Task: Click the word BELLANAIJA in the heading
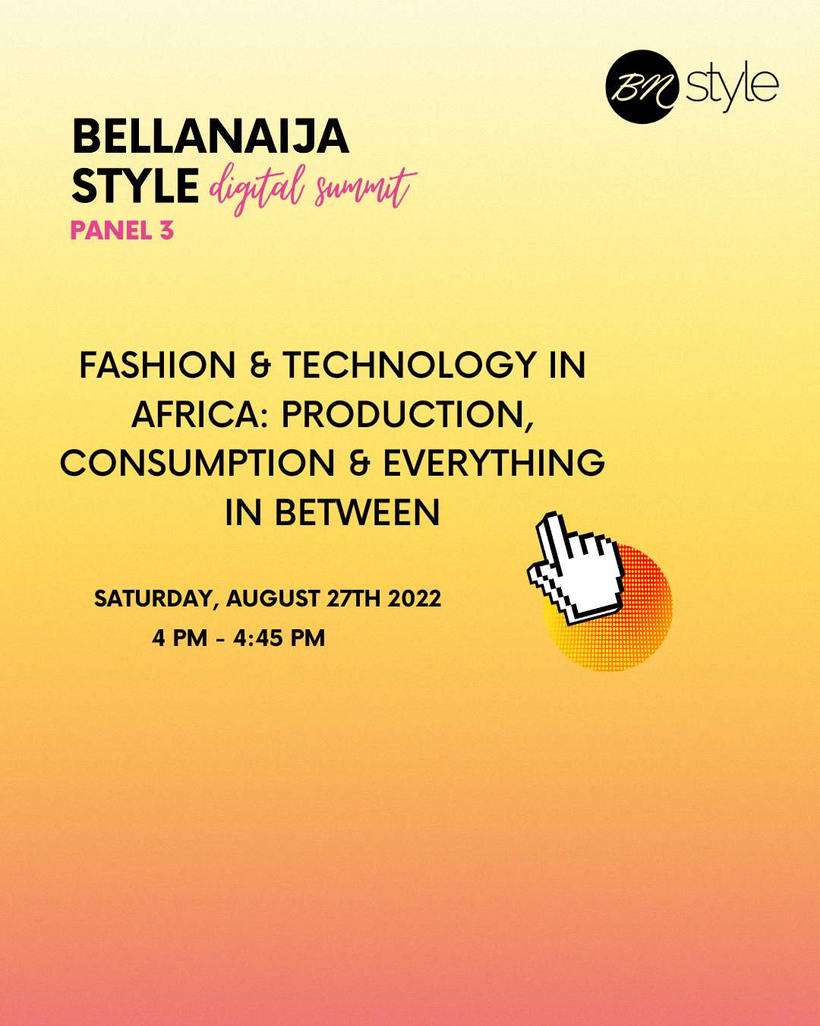coord(210,136)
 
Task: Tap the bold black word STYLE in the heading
coord(135,186)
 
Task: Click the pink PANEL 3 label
coord(122,231)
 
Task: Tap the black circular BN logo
coord(642,87)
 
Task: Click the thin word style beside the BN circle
coord(732,89)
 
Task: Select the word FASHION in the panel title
coord(158,366)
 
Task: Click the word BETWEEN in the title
coord(358,513)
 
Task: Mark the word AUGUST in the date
coord(273,598)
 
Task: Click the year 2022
coord(414,598)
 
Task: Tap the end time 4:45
coord(258,638)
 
